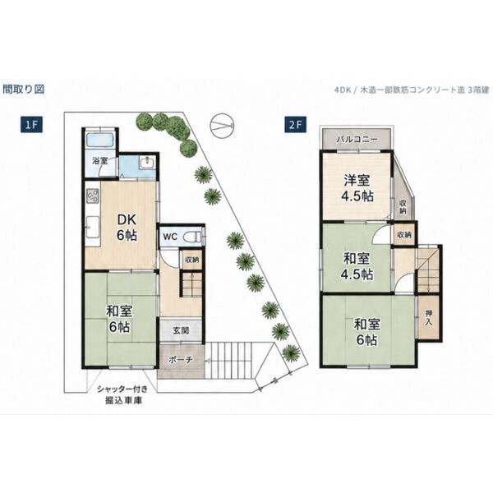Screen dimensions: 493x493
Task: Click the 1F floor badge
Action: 31,125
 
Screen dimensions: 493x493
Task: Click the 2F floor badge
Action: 296,125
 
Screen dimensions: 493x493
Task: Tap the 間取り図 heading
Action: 24,90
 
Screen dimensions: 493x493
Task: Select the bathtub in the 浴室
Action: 99,140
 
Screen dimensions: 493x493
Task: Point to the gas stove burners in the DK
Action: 93,196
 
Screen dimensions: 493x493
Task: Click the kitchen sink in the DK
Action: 92,228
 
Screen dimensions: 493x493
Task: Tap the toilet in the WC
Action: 192,237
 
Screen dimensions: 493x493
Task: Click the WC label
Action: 170,237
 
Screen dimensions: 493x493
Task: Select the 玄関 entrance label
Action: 181,330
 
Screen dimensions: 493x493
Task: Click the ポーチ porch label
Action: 180,359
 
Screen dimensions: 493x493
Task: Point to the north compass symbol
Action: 223,125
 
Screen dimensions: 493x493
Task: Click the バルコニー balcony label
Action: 357,139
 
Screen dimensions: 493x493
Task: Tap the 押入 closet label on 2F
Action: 429,318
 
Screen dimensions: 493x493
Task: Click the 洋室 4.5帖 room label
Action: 357,188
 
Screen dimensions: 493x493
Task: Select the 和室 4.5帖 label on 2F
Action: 357,266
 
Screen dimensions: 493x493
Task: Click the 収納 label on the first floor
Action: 191,260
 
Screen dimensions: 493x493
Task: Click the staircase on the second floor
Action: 427,270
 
